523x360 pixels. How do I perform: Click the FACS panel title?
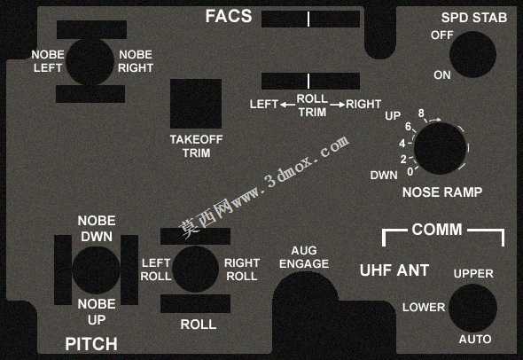pyautogui.click(x=229, y=16)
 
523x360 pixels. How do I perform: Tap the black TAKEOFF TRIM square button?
pyautogui.click(x=196, y=104)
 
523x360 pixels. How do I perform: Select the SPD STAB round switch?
pyautogui.click(x=472, y=54)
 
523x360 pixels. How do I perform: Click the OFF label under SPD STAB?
pyautogui.click(x=442, y=35)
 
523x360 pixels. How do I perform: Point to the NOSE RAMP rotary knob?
pyautogui.click(x=440, y=148)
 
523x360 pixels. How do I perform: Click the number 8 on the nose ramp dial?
pyautogui.click(x=421, y=113)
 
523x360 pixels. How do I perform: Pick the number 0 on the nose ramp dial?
pyautogui.click(x=410, y=171)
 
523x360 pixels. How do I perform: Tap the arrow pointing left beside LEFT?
pyautogui.click(x=287, y=105)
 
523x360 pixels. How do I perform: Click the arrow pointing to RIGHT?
pyautogui.click(x=337, y=105)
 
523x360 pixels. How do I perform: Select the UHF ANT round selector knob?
pyautogui.click(x=472, y=308)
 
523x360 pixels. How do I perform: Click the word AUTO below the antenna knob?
pyautogui.click(x=475, y=340)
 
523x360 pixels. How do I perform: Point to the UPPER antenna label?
pyautogui.click(x=473, y=274)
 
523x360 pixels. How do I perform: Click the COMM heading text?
pyautogui.click(x=437, y=230)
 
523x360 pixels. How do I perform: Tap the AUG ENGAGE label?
pyautogui.click(x=304, y=257)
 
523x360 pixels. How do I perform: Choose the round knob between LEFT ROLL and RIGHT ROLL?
pyautogui.click(x=195, y=270)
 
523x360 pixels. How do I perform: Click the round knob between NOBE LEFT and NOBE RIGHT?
pyautogui.click(x=90, y=62)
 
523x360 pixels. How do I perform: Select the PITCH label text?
pyautogui.click(x=91, y=344)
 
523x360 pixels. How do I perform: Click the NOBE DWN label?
pyautogui.click(x=97, y=229)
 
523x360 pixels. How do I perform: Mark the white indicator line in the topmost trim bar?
pyautogui.click(x=308, y=19)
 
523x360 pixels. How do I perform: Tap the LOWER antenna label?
pyautogui.click(x=424, y=308)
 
